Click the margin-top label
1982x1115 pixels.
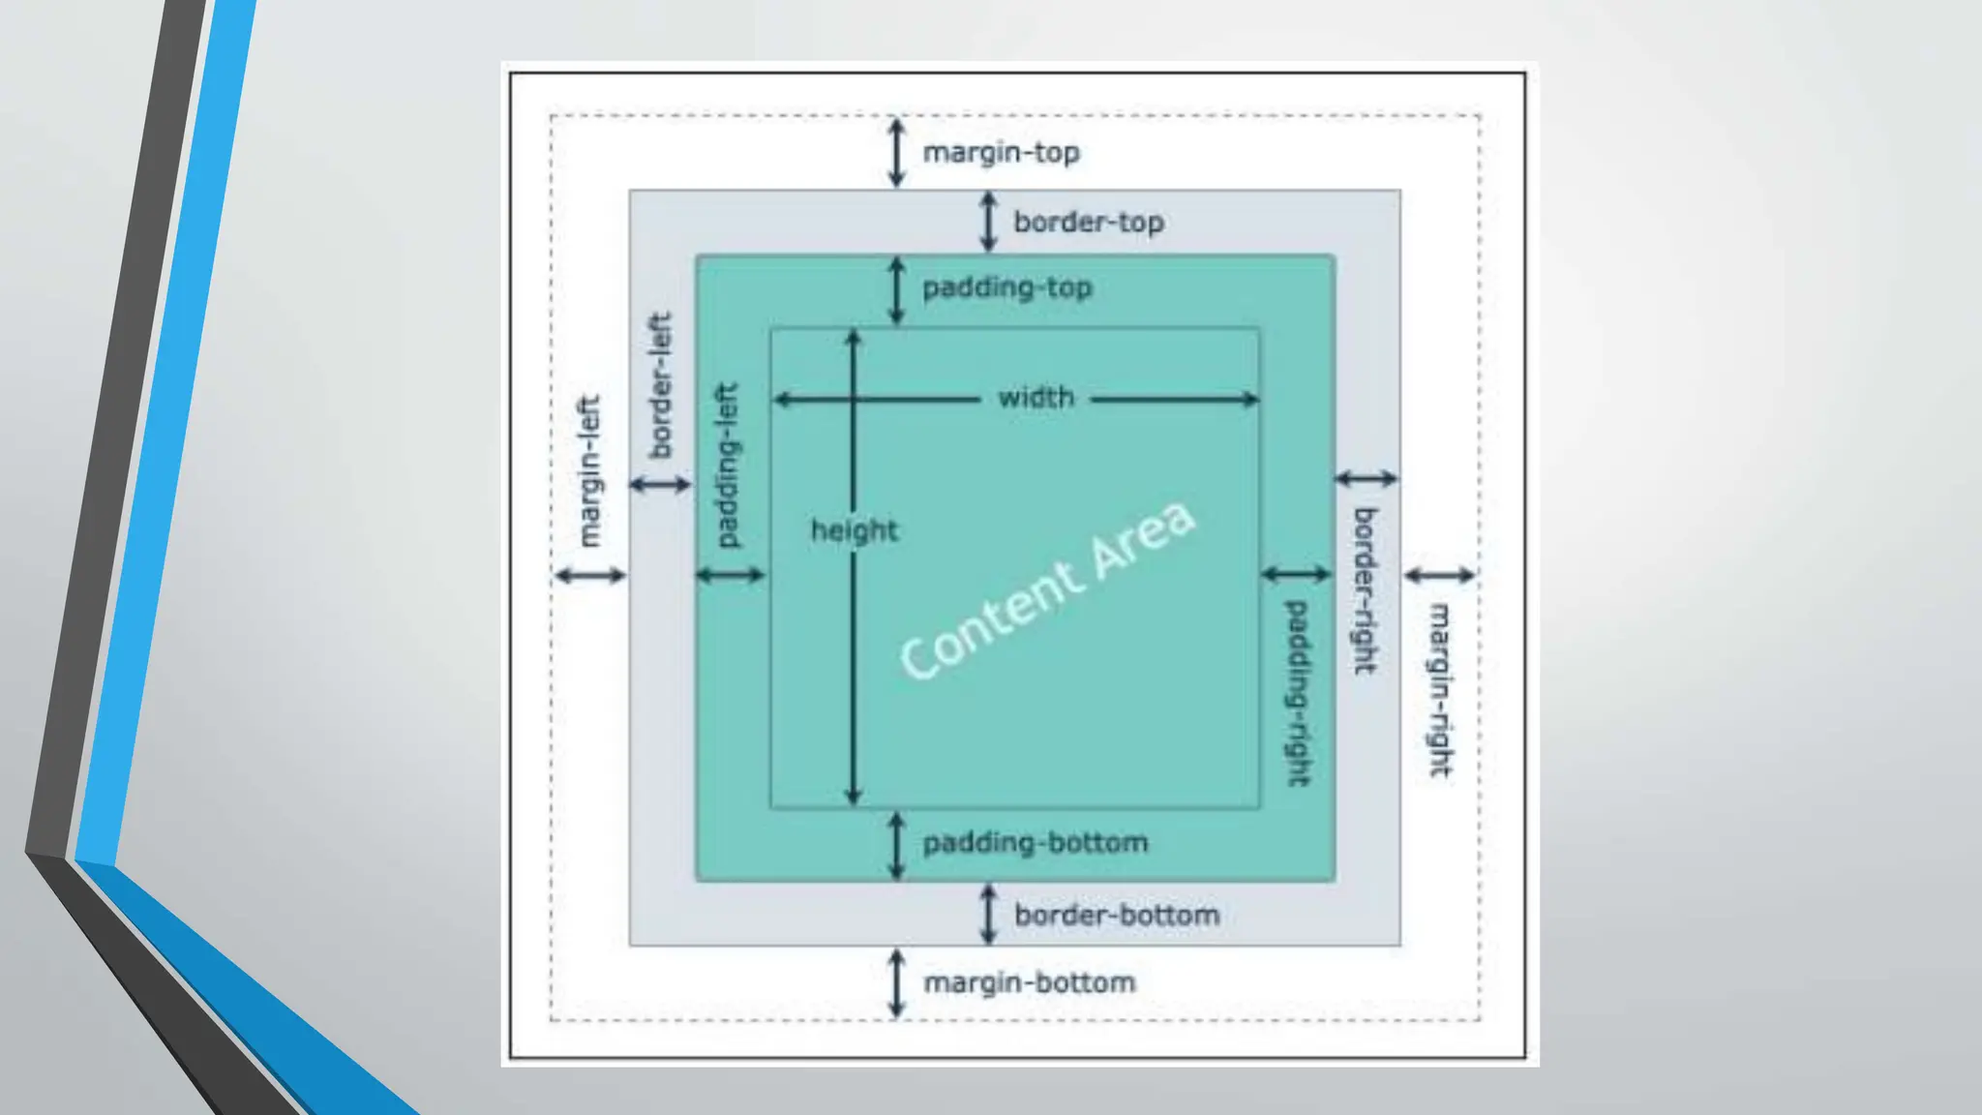coord(1001,153)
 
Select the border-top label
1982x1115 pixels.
coord(1088,222)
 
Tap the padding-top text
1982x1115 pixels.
coord(1006,287)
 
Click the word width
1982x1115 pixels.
coord(1036,398)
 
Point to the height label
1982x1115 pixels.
coord(855,530)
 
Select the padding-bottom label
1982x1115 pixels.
coord(1035,843)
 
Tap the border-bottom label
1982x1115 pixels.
coord(1116,915)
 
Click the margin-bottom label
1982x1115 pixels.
coord(1029,982)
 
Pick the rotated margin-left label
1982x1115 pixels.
coord(588,471)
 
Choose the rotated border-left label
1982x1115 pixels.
coord(659,385)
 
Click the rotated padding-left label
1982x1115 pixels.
coord(726,466)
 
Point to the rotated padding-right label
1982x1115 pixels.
coord(1296,693)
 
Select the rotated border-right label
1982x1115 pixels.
coord(1365,590)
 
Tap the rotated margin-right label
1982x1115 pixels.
coord(1440,690)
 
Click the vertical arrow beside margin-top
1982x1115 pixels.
coord(896,153)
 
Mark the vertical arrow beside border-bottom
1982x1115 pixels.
coord(987,914)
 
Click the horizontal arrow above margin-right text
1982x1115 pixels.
coord(1439,575)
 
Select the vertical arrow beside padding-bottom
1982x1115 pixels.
coord(896,845)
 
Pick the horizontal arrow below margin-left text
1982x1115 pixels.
coord(589,576)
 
